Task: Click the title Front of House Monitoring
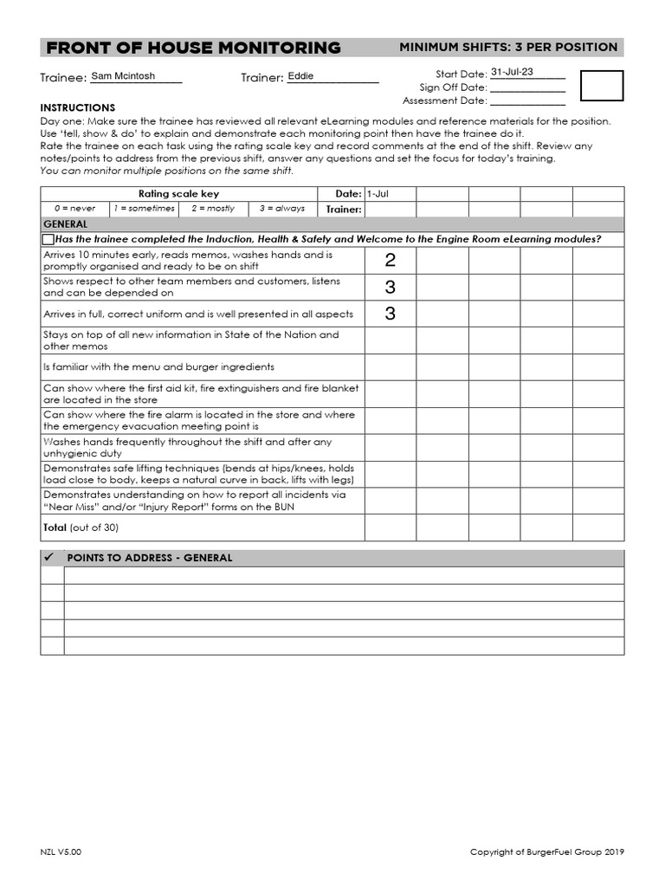tap(193, 48)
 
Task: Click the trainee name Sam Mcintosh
tap(123, 76)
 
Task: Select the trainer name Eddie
tap(301, 76)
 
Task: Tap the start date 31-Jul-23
tap(513, 73)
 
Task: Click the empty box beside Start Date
tap(601, 87)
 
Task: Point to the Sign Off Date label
tap(453, 87)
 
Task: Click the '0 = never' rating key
tap(74, 209)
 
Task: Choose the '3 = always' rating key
tap(282, 209)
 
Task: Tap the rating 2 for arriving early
tap(390, 261)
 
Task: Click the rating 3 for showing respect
tap(390, 288)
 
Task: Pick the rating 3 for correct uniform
tap(390, 314)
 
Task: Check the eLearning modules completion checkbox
tap(48, 239)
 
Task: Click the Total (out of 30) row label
tap(81, 528)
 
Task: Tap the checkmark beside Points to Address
tap(49, 558)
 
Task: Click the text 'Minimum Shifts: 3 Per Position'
tap(508, 47)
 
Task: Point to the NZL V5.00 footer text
tap(61, 852)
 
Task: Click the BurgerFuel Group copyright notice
tap(546, 852)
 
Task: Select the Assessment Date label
tap(444, 100)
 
